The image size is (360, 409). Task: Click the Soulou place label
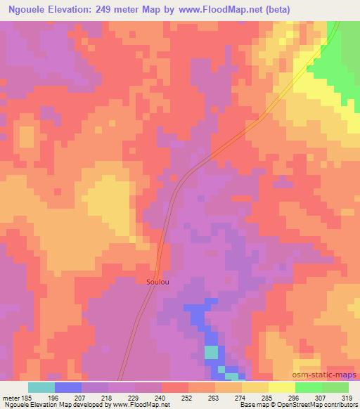point(157,282)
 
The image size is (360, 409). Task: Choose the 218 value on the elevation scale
point(109,398)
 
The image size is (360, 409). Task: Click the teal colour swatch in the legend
point(41,387)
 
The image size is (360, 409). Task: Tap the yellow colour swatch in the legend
point(281,387)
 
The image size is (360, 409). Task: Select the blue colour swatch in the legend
point(68,387)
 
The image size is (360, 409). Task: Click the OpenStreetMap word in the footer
point(300,405)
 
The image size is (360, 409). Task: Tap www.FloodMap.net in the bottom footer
point(136,405)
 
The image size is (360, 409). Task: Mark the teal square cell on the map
point(212,352)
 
